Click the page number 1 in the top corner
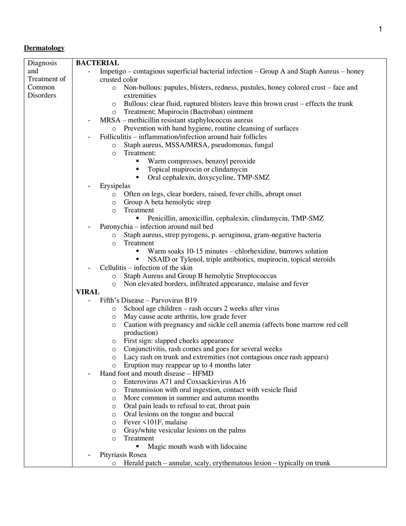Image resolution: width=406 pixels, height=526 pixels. (380, 29)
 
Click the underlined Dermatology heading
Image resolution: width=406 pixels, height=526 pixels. (44, 48)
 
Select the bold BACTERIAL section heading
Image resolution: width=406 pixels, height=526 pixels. (97, 63)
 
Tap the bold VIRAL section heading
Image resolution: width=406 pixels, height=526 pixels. (88, 292)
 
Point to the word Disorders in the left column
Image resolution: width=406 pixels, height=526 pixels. (42, 95)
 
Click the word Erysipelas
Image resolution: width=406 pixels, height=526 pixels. (115, 186)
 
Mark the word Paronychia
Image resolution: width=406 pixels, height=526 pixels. (116, 227)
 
